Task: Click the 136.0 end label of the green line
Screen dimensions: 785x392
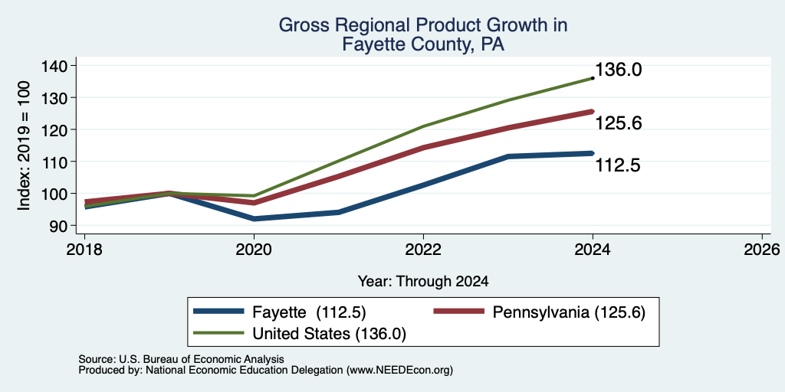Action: tap(619, 70)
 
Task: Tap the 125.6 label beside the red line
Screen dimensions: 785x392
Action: tap(619, 123)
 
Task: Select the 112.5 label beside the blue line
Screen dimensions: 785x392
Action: tap(619, 165)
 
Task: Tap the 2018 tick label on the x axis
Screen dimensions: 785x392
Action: tap(84, 250)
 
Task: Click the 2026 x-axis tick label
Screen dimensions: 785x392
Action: tap(762, 250)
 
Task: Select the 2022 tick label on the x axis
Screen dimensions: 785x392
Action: tap(423, 250)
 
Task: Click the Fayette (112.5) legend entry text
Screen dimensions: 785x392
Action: tap(310, 312)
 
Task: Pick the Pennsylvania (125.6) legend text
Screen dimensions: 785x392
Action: tap(570, 312)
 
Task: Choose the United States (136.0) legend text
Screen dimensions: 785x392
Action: tap(329, 334)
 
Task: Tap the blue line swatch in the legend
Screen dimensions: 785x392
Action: tap(218, 312)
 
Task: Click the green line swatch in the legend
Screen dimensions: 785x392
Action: tap(218, 332)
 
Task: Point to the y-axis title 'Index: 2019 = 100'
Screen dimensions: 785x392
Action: tap(24, 145)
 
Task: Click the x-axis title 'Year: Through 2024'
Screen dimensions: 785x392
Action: tap(423, 282)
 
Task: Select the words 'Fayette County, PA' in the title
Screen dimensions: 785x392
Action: tap(423, 45)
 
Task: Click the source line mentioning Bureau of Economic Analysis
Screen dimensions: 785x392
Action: tap(181, 359)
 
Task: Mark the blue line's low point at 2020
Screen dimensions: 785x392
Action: tap(254, 219)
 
